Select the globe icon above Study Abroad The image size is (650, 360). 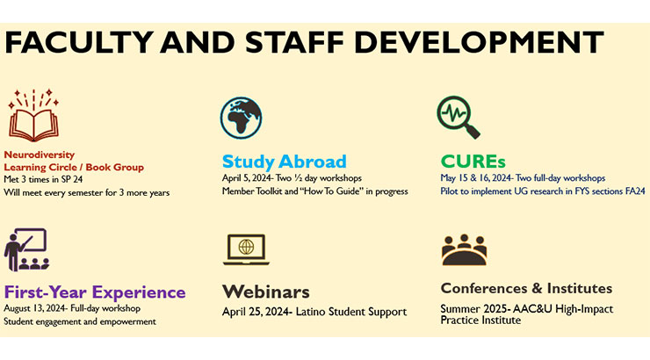(242, 119)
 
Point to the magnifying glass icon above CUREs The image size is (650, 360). (458, 119)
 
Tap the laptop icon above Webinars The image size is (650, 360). (245, 249)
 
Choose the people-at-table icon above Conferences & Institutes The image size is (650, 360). (464, 250)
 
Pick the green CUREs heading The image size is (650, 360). (475, 162)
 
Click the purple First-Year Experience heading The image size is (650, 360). (95, 292)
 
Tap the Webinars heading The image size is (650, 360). (265, 292)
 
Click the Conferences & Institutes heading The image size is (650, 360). (526, 288)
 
